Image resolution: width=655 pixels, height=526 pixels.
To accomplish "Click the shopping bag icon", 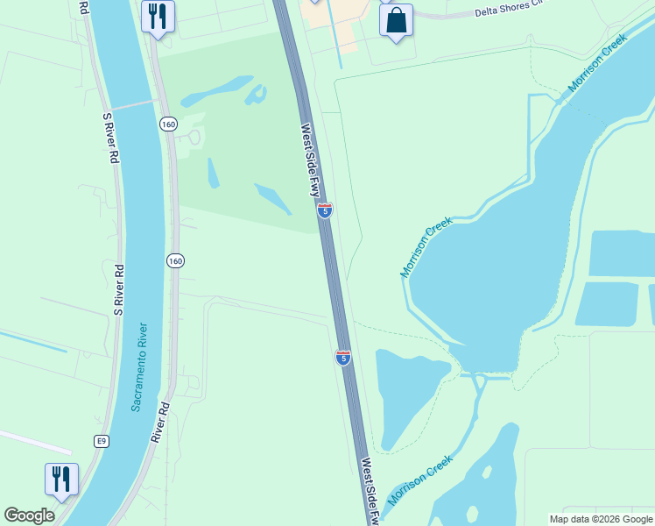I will point(396,19).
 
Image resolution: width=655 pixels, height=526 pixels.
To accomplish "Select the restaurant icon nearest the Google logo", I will point(61,479).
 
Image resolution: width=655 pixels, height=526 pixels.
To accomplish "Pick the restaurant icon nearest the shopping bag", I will point(158,16).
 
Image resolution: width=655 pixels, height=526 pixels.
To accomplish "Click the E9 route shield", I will point(102,439).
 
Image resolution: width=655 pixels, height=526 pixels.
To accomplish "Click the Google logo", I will point(29,515).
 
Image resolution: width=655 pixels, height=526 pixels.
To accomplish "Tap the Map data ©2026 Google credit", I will point(601,519).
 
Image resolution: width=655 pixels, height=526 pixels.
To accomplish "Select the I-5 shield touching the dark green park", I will point(325,210).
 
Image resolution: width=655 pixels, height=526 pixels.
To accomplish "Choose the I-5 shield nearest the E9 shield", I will point(343,357).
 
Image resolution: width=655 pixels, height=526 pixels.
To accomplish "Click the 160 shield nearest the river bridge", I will point(167,124).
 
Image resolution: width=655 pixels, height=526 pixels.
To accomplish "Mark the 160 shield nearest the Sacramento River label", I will point(174,260).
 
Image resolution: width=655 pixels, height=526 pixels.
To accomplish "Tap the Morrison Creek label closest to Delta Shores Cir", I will point(598,63).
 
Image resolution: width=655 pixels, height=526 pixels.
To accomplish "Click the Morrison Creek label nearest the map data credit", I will point(420,480).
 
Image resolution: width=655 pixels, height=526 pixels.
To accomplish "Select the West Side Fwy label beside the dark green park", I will point(313,160).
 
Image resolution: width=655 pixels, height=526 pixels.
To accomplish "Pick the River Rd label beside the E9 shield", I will point(158,423).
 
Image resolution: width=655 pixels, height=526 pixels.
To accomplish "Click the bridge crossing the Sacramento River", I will point(131,103).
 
